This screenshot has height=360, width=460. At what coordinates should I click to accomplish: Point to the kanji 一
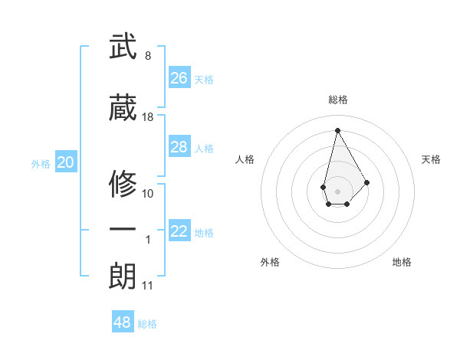[123, 229]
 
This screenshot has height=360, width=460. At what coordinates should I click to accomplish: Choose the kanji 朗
[123, 277]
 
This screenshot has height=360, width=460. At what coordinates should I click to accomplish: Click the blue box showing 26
[179, 78]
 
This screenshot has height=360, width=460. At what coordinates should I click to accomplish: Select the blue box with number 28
[179, 147]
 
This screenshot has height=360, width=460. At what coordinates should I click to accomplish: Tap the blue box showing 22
[179, 232]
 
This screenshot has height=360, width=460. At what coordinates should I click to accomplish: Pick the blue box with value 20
[66, 162]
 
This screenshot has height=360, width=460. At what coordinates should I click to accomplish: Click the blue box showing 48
[123, 322]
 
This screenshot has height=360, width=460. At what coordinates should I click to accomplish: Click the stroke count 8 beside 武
[147, 56]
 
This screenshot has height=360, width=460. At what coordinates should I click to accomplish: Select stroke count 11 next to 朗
[147, 286]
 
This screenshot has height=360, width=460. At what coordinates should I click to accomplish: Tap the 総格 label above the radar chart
[337, 100]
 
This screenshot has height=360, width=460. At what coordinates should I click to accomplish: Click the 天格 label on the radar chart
[431, 159]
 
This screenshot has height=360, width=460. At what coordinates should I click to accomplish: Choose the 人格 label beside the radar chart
[245, 159]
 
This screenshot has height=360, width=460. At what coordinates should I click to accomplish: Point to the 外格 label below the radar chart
[270, 262]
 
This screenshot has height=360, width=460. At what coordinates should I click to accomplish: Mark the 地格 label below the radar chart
[402, 262]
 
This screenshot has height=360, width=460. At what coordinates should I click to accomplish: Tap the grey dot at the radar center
[337, 191]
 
